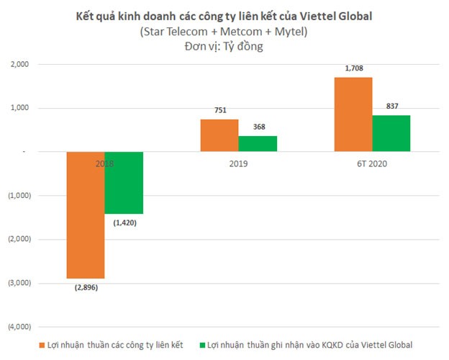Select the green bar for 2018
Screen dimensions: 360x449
[124, 183]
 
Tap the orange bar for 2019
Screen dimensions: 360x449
[219, 135]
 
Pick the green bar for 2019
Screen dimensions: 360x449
[257, 144]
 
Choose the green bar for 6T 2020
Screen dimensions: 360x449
[391, 133]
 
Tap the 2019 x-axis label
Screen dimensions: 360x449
[238, 164]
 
